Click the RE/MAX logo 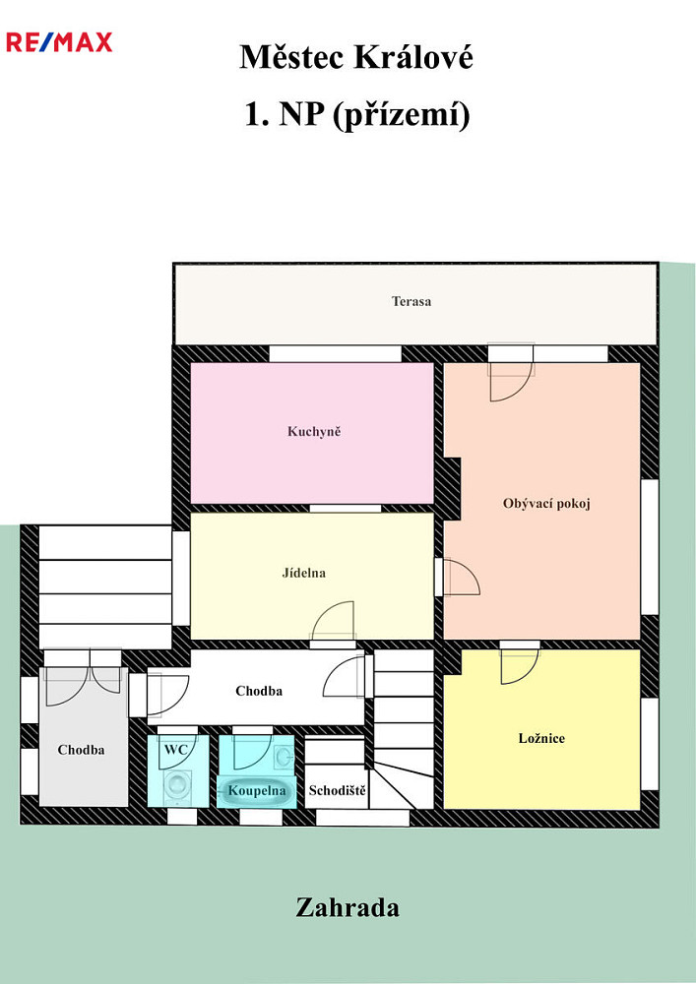(x=59, y=42)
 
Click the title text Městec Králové (x=355, y=57)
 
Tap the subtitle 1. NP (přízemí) (x=356, y=115)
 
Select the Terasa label (x=411, y=301)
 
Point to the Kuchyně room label (x=314, y=431)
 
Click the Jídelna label (x=304, y=573)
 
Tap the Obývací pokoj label (x=546, y=503)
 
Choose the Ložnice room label (x=541, y=738)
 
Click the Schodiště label (x=337, y=790)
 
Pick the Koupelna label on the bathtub (x=257, y=791)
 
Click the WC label (x=176, y=749)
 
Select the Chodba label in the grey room (x=81, y=749)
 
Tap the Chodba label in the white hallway (x=259, y=691)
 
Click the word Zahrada (x=348, y=907)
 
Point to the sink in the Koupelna (x=285, y=757)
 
